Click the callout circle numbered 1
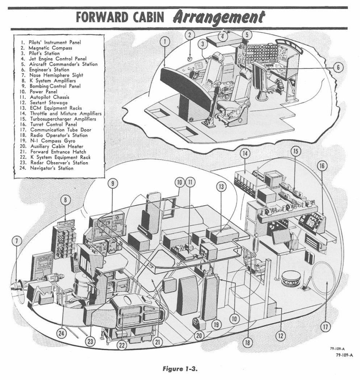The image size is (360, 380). (x=165, y=42)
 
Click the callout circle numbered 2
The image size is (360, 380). (x=191, y=35)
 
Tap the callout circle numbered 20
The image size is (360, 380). (x=199, y=335)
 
